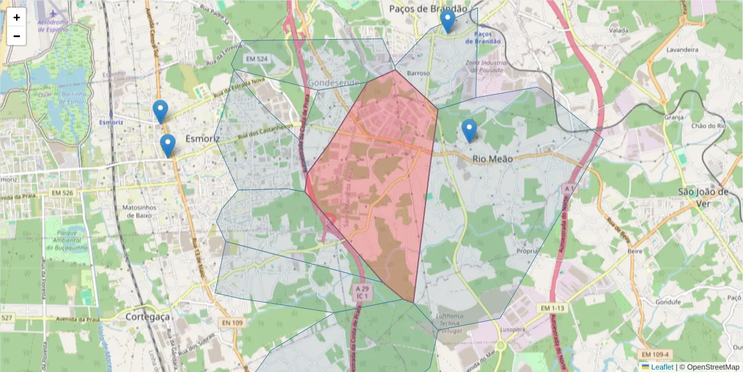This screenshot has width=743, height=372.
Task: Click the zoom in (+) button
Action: tap(17, 18)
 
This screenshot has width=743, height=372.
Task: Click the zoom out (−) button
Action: tap(17, 36)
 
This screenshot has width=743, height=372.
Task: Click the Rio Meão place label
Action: tap(492, 159)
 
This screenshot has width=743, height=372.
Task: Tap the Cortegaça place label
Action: tap(147, 316)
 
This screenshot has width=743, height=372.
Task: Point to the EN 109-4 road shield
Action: tap(656, 355)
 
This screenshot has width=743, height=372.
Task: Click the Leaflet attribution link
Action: tap(661, 367)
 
